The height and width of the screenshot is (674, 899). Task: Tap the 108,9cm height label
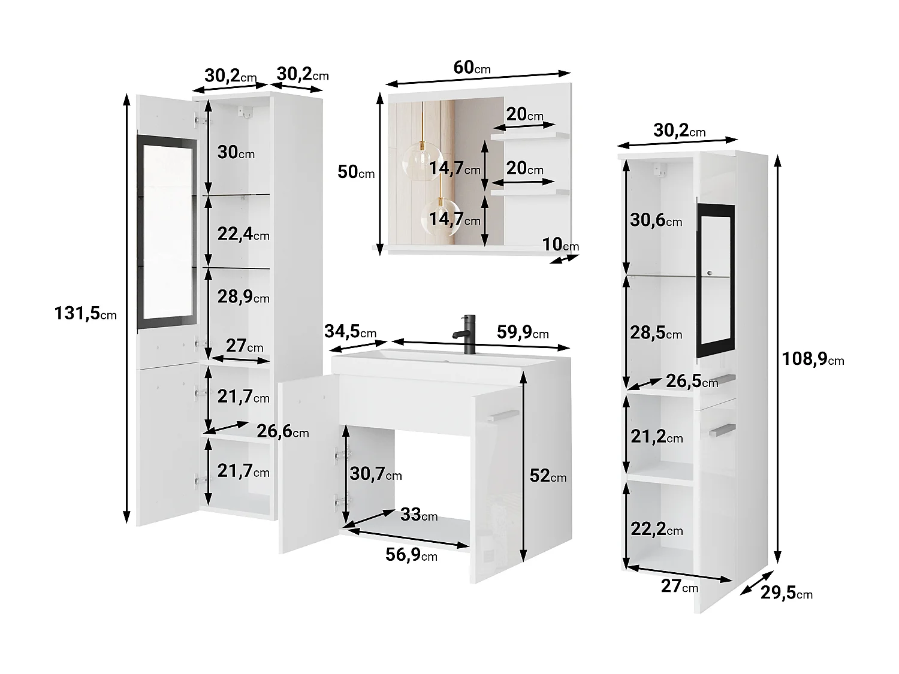pos(813,359)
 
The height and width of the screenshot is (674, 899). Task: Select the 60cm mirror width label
pos(472,68)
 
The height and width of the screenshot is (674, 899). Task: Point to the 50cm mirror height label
pos(356,172)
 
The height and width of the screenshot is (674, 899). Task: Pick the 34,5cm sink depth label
pos(350,331)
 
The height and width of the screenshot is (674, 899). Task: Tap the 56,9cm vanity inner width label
pos(411,555)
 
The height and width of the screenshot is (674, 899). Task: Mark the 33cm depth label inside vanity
pos(418,514)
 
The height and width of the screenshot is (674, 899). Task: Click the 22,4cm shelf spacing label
pos(243,234)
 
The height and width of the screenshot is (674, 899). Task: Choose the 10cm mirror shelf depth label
pos(560,244)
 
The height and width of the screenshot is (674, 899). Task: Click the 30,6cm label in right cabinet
pos(656,220)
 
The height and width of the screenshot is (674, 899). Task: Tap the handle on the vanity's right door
pos(502,415)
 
